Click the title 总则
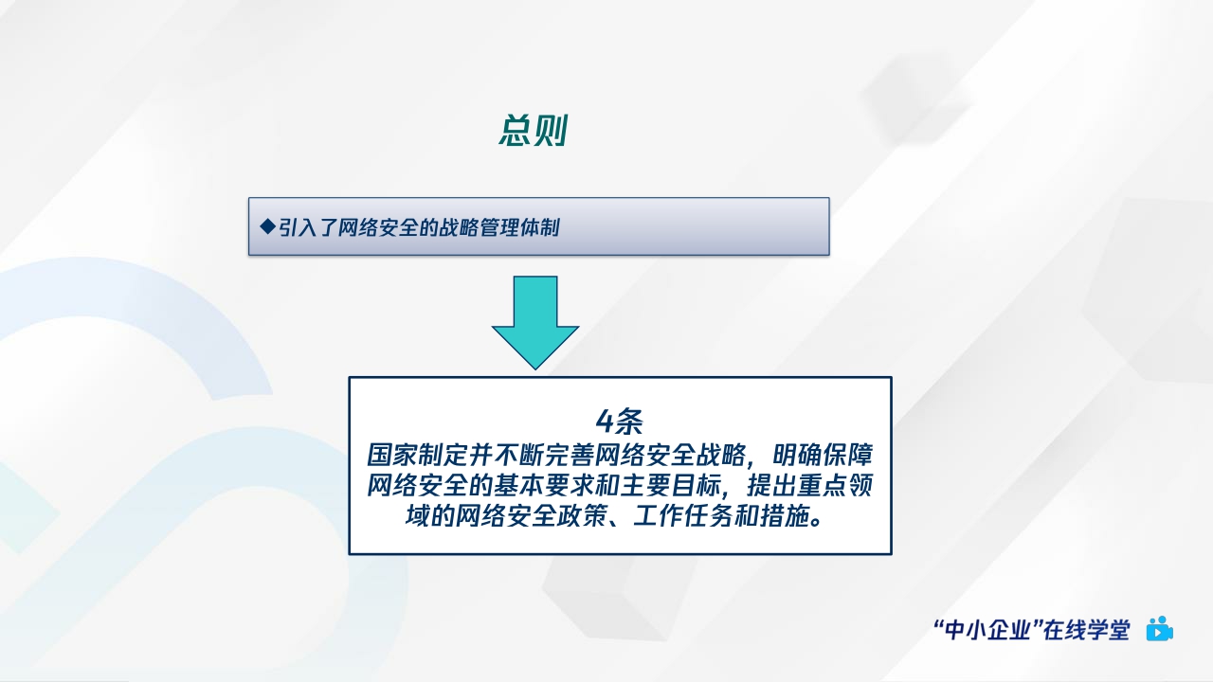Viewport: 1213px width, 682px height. click(x=533, y=132)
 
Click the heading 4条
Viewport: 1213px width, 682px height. click(x=620, y=421)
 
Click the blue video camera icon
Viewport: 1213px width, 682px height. click(x=1160, y=629)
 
